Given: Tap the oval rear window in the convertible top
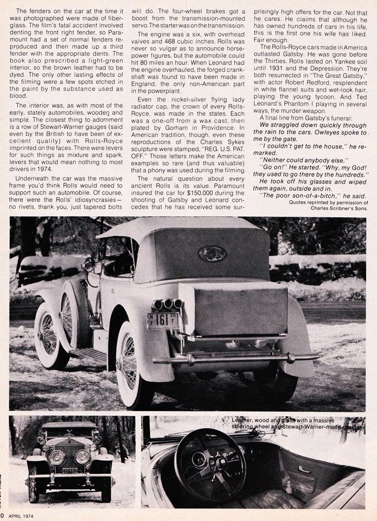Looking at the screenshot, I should [212, 253].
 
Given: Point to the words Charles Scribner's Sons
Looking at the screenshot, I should [335, 208].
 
